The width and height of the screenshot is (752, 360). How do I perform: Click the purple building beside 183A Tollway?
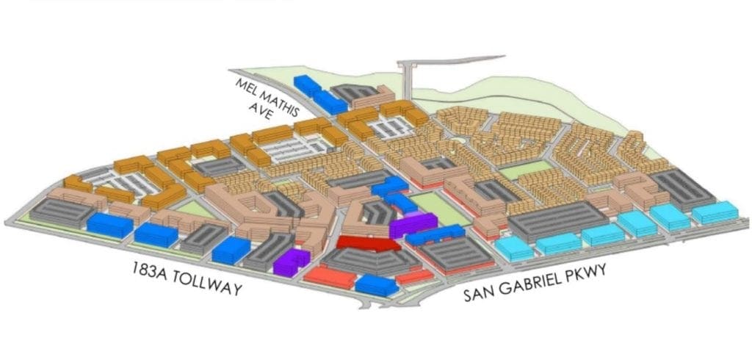point(291,260)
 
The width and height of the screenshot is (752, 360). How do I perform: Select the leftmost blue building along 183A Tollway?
point(109,223)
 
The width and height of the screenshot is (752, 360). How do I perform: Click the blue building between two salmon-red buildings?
point(375,284)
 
